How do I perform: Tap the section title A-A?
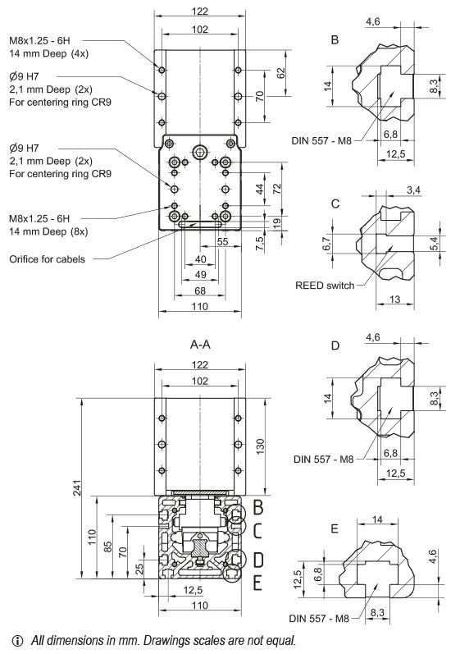(200, 345)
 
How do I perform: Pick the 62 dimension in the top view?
(281, 72)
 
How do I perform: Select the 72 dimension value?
(277, 189)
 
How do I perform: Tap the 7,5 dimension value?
(260, 243)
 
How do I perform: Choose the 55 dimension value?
(222, 243)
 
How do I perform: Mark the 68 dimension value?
(199, 290)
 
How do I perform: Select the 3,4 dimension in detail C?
(414, 190)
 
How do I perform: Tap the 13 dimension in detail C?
(395, 300)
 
